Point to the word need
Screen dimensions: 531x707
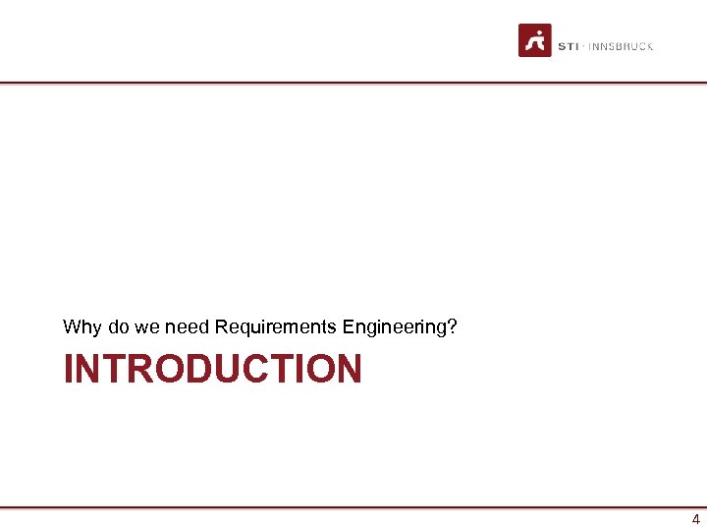188,326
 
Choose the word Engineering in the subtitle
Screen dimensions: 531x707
398,326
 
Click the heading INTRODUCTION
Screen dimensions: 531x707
213,370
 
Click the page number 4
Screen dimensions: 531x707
695,520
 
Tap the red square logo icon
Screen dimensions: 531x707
535,40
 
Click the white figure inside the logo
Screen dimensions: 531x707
535,41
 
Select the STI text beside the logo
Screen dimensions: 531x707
568,46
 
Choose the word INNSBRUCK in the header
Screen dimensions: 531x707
621,46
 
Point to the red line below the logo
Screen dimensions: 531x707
353,83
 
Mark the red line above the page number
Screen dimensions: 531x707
353,507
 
